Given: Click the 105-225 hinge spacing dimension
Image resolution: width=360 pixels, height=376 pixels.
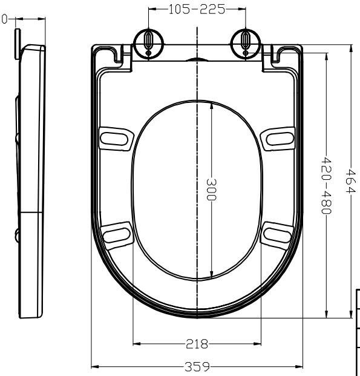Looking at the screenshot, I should tap(197, 9).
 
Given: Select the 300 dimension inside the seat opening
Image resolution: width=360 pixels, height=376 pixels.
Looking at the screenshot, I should tap(211, 191).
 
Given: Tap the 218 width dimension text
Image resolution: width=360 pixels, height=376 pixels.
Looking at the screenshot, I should tap(197, 344).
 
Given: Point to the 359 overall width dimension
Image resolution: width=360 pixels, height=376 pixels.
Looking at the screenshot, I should tap(197, 366).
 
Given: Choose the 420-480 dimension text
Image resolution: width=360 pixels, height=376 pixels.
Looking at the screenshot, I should tap(326, 185).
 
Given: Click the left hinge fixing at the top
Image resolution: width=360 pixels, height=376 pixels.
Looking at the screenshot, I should tap(148, 42).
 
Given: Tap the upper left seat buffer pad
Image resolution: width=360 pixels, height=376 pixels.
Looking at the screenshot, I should tap(116, 137).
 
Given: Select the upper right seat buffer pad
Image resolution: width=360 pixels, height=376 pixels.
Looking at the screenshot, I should tap(280, 137).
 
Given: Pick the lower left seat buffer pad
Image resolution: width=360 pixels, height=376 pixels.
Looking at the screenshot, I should tap(117, 234).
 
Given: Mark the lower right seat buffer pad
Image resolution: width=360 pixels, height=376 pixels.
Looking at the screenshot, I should tap(278, 234).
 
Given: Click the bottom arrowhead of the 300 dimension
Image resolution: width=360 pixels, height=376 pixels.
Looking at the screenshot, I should tap(211, 275).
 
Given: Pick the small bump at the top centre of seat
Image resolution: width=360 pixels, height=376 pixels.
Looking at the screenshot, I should tap(197, 60).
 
